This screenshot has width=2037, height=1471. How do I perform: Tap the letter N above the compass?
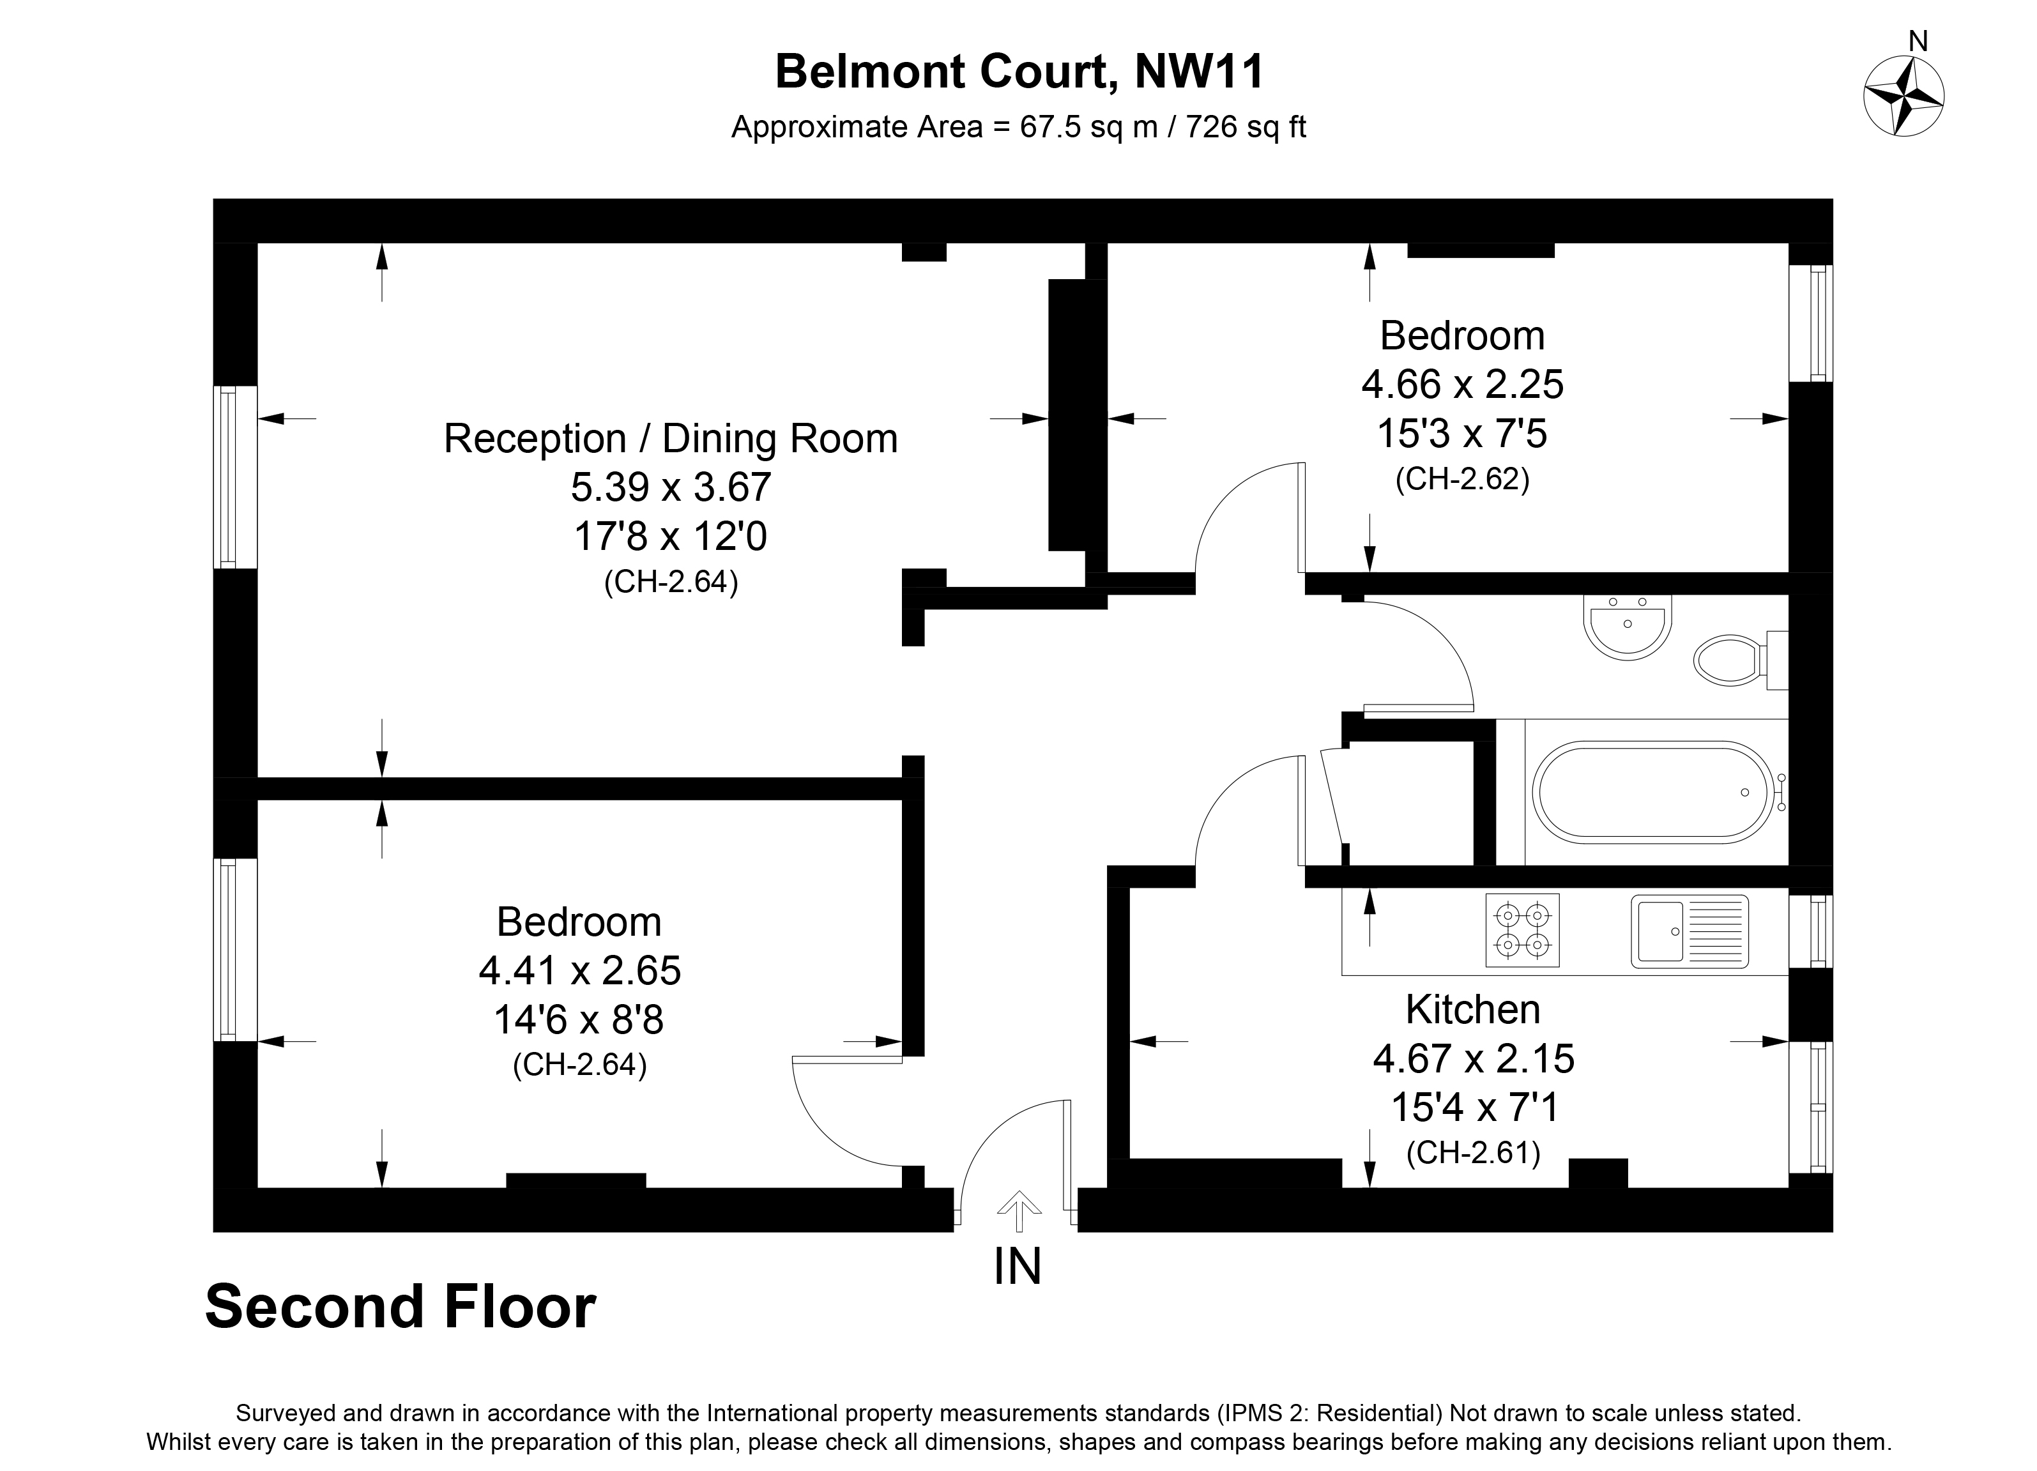[x=1918, y=42]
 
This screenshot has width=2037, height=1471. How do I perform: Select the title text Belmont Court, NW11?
[x=1019, y=72]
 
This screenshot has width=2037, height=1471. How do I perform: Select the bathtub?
[x=1654, y=792]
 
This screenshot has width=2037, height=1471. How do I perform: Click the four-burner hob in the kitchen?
[x=1522, y=931]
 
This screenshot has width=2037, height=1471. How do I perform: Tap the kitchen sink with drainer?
[x=1688, y=931]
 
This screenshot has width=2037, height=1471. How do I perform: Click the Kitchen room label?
[x=1472, y=1009]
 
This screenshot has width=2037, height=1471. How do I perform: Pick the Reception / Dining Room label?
[x=670, y=439]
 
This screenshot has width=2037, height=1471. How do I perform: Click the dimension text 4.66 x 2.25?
[x=1462, y=385]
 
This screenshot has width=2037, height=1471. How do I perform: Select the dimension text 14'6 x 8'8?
[x=579, y=1019]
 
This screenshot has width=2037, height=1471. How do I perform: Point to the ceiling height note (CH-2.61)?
[x=1472, y=1152]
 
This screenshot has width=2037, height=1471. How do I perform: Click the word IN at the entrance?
[x=1018, y=1267]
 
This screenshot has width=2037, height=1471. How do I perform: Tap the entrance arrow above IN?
[x=1018, y=1210]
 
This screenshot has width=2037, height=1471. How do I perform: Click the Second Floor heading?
[x=401, y=1307]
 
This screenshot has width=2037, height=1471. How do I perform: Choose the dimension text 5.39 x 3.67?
[x=670, y=487]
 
